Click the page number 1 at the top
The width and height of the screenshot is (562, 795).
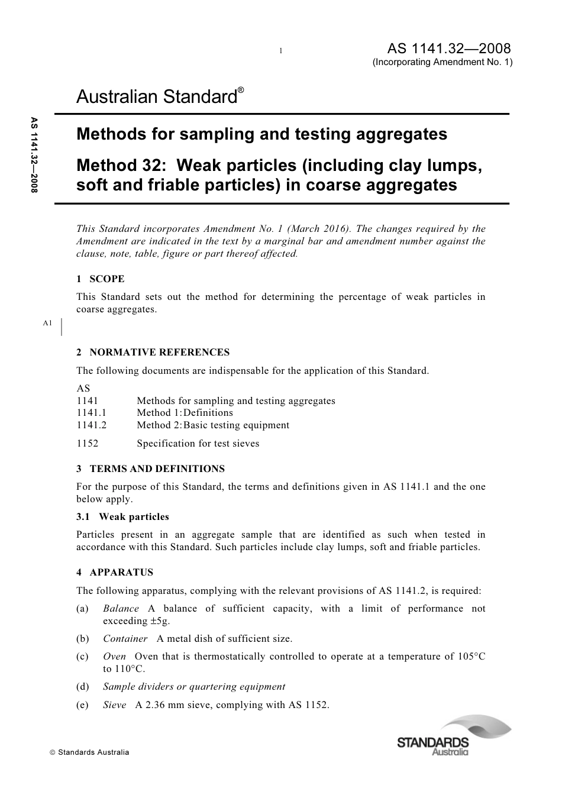click(x=281, y=51)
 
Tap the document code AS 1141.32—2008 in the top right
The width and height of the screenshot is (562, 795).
click(x=449, y=49)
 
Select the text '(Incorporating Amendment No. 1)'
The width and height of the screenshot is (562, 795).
click(x=442, y=63)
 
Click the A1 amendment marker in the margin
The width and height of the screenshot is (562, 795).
click(x=48, y=323)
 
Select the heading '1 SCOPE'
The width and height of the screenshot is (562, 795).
click(x=101, y=279)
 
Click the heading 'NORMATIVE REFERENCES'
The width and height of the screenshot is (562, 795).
click(x=159, y=352)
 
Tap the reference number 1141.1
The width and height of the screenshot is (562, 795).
click(x=91, y=413)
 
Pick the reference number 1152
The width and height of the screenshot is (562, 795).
click(x=87, y=443)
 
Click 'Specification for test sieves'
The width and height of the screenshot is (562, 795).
click(x=198, y=443)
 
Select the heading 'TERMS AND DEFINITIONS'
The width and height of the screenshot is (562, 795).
click(x=157, y=468)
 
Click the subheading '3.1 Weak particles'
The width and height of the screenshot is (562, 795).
click(x=122, y=516)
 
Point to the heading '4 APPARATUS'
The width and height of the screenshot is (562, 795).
click(x=115, y=572)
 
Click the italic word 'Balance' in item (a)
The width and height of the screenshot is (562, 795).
click(x=121, y=608)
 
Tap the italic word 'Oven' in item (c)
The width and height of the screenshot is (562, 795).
click(x=114, y=657)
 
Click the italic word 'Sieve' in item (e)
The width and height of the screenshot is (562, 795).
click(x=114, y=704)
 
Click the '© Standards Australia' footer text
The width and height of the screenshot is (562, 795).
click(x=89, y=752)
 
